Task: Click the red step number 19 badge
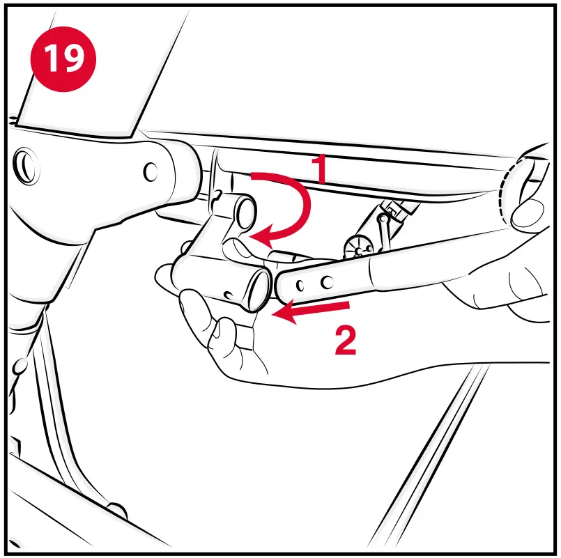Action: [63, 59]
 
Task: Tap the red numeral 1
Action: [319, 169]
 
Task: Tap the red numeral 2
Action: [346, 341]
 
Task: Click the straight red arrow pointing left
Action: [310, 311]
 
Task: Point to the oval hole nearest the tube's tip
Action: [300, 285]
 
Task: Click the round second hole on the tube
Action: [327, 282]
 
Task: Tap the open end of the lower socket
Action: [259, 290]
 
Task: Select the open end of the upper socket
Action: [246, 214]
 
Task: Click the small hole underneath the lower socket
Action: [227, 295]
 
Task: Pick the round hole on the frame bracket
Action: [151, 172]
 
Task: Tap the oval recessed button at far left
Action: [26, 166]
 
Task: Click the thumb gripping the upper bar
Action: [528, 213]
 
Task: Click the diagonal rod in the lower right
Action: [429, 454]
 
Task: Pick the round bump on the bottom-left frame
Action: [117, 511]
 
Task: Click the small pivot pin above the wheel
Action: [383, 217]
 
